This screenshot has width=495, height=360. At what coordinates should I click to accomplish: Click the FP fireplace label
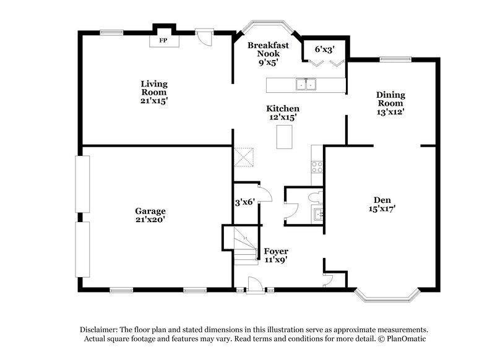pos(163,41)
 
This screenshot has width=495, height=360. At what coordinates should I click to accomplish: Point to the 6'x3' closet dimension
pos(324,49)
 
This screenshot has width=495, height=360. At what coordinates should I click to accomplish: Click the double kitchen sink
pos(306,85)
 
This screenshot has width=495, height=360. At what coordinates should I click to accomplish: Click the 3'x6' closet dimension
pos(244,202)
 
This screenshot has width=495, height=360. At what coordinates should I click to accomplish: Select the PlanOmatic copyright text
pos(402,339)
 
